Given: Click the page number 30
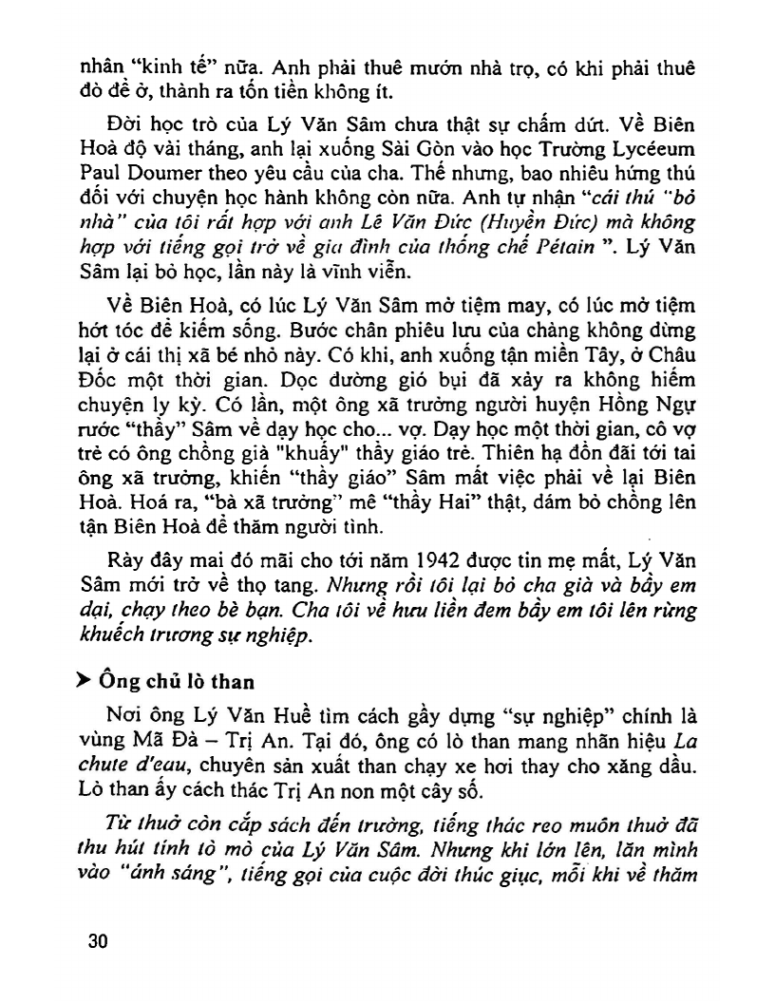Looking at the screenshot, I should point(96,940).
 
